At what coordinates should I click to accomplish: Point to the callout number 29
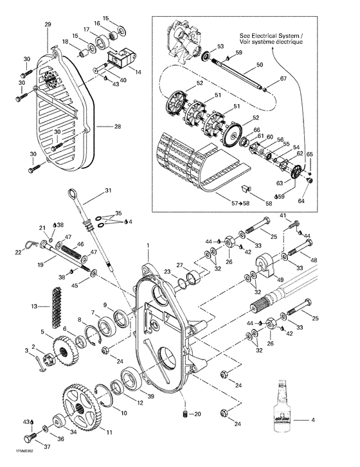(48, 24)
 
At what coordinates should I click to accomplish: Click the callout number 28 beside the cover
(118, 127)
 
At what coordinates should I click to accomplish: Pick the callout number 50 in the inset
(260, 65)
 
